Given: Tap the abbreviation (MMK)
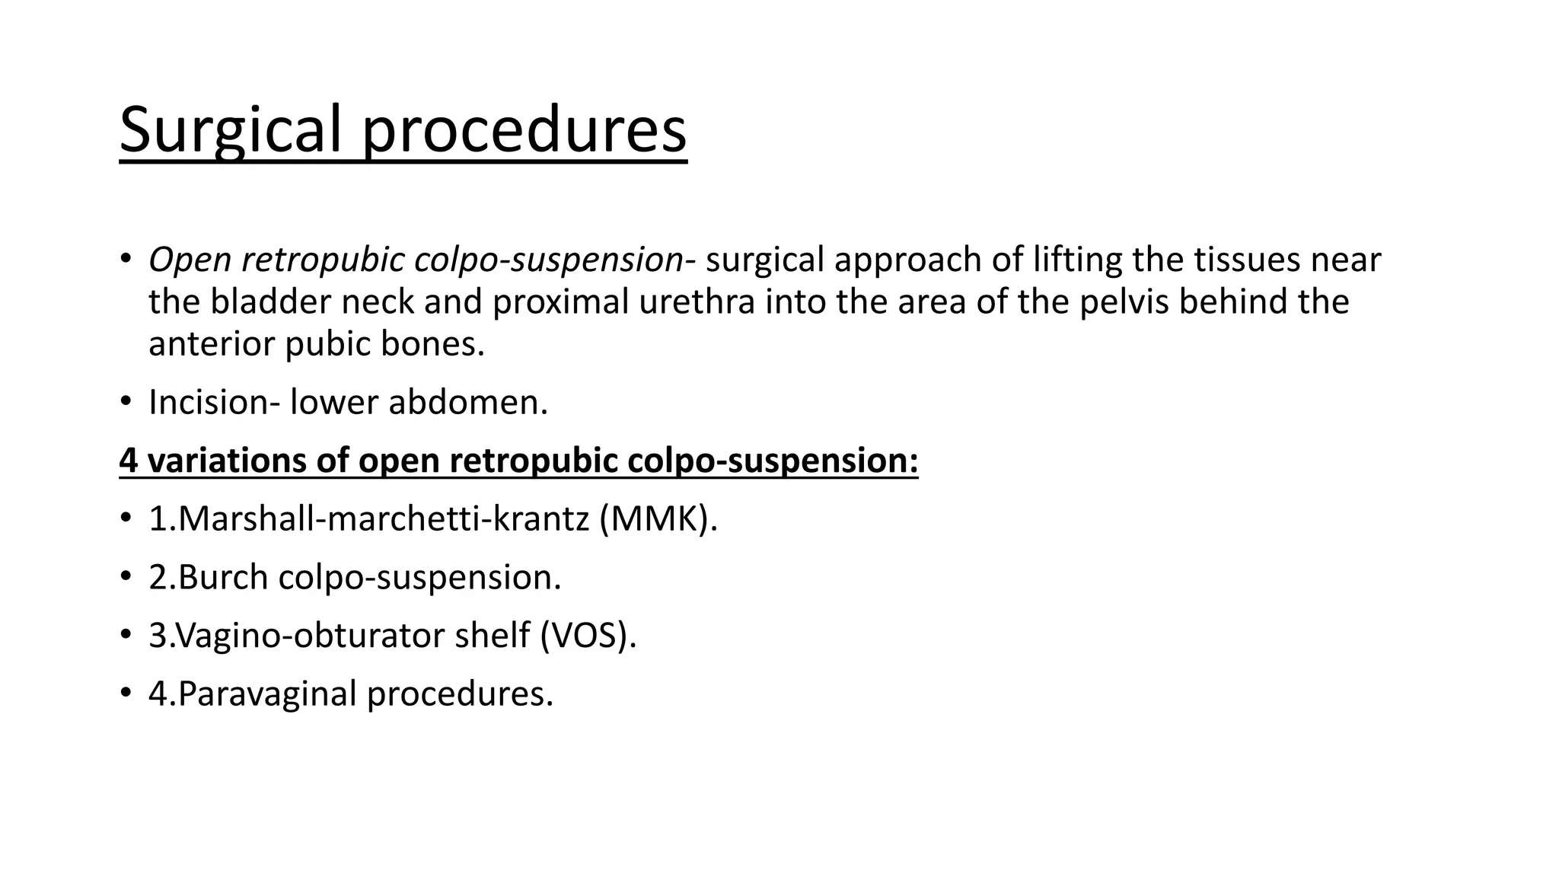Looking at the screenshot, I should point(658,519).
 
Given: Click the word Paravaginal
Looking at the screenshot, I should point(267,694).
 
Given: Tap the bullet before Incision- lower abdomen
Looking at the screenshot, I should point(126,401).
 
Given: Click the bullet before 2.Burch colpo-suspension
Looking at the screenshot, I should point(126,576).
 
